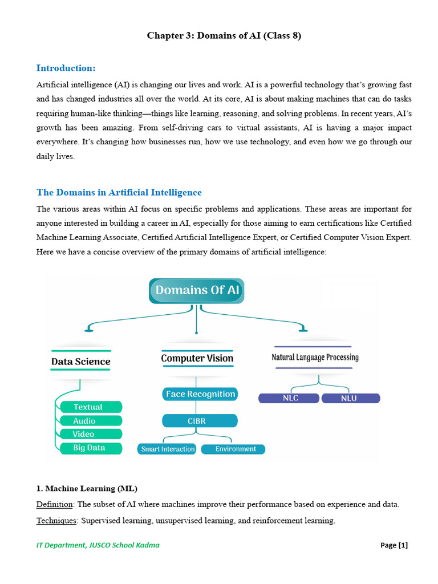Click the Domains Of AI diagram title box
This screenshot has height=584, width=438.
pos(197,290)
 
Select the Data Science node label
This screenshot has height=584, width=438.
pos(80,361)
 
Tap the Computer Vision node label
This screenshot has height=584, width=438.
pos(197,358)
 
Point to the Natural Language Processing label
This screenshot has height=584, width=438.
pos(314,357)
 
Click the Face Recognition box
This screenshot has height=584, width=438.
pos(200,394)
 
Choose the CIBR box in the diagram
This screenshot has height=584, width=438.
pos(200,421)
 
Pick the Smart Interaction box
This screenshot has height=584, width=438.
pos(167,449)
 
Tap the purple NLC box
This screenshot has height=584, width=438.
pos(290,398)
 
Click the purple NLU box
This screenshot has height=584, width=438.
pos(350,398)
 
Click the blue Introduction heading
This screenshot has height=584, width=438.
pos(66,68)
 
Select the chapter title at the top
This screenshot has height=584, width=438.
pos(224,36)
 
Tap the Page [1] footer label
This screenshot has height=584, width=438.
pos(394,545)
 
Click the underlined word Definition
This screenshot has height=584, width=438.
pos(54,505)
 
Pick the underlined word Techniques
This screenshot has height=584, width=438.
pos(56,521)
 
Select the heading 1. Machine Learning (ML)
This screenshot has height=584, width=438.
pos(87,489)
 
